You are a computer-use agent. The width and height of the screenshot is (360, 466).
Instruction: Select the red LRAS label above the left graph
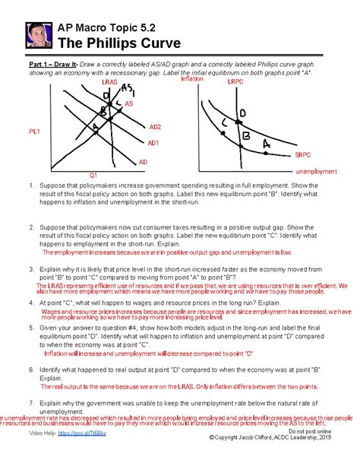[x=109, y=81]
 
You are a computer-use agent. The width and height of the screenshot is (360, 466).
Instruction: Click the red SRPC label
[x=303, y=154]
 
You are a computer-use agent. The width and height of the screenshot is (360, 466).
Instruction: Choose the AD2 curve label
[x=155, y=127]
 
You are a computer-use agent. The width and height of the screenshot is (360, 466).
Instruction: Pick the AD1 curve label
[x=153, y=142]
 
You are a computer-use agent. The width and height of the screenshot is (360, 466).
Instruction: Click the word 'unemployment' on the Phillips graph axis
[x=315, y=171]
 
